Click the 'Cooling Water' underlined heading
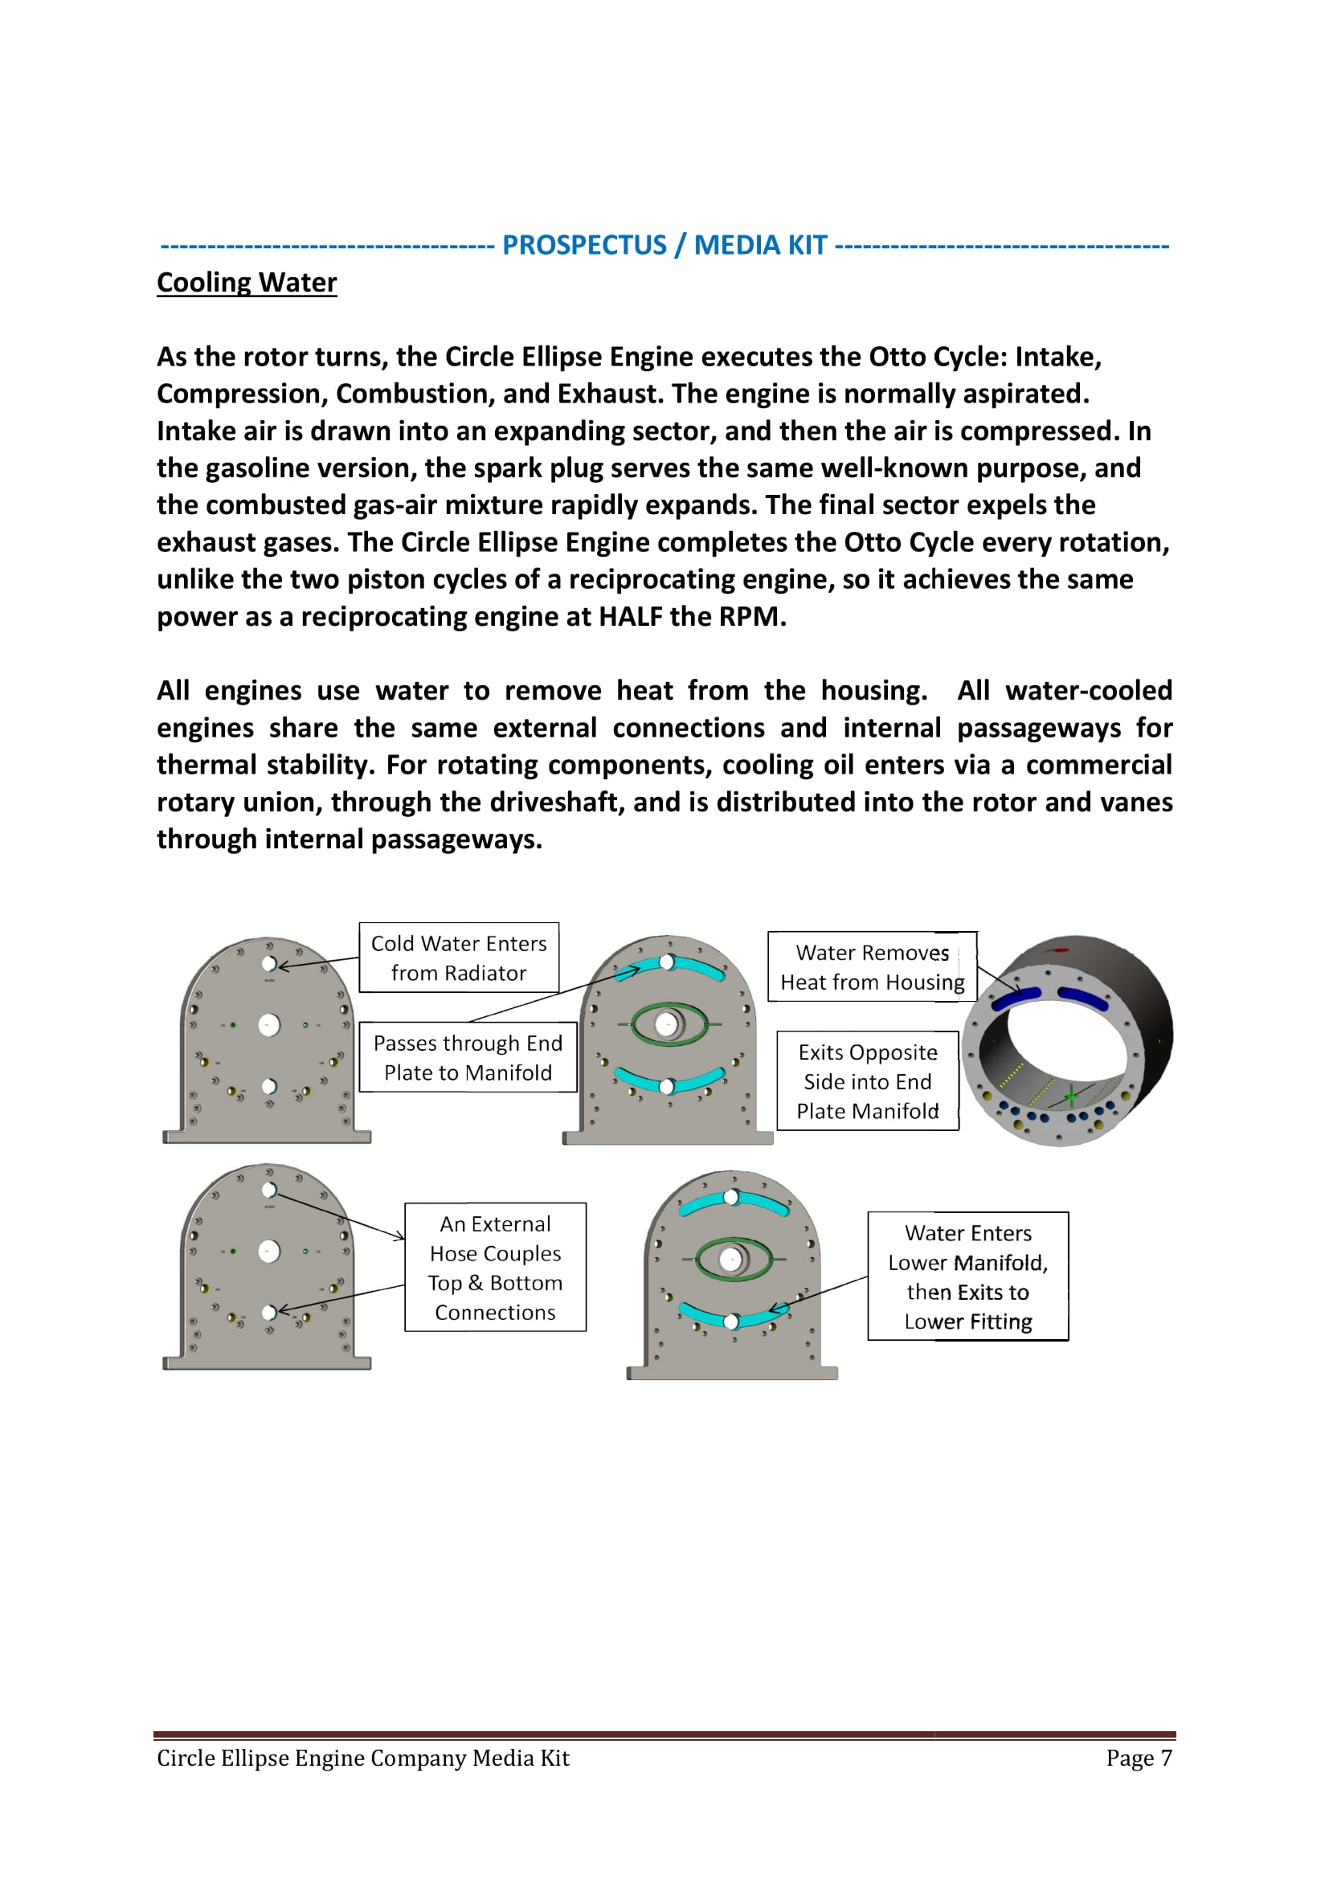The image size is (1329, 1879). click(x=247, y=282)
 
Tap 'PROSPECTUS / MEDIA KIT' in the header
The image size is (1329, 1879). click(x=664, y=245)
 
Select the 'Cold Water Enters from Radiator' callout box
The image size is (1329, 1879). click(x=458, y=958)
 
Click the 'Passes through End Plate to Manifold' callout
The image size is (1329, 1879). click(x=468, y=1057)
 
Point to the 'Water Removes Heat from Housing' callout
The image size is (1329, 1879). click(x=872, y=966)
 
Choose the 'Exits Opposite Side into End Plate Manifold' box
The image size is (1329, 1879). click(x=868, y=1081)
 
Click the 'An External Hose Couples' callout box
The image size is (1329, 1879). click(x=495, y=1268)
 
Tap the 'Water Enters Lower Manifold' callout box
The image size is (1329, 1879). click(x=967, y=1276)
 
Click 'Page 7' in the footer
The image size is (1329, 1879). click(x=1139, y=1758)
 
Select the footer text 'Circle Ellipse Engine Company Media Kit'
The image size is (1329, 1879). click(x=362, y=1758)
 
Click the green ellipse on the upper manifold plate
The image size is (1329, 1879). click(x=669, y=1023)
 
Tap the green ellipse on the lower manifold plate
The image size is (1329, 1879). click(x=733, y=1259)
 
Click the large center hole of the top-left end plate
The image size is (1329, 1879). click(x=268, y=1024)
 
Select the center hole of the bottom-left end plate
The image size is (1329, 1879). click(x=268, y=1252)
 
